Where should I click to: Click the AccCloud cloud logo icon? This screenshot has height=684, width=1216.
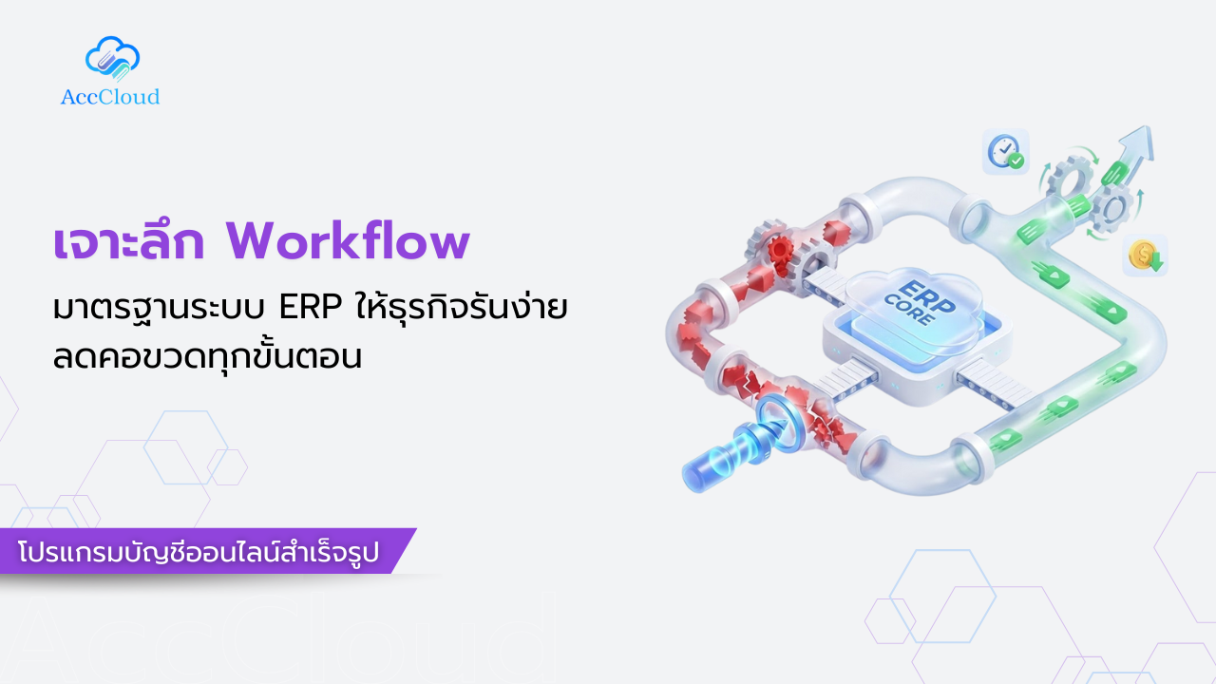112,58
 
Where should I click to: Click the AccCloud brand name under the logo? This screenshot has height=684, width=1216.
110,97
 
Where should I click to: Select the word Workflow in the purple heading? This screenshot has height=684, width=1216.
348,242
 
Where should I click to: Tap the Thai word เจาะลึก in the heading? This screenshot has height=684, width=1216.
128,242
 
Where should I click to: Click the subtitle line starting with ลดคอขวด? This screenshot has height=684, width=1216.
208,359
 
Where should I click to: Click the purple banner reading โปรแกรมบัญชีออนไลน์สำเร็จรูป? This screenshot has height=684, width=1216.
205,552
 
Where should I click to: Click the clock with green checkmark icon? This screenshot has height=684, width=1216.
1005,152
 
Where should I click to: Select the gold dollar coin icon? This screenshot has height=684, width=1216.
1143,255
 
